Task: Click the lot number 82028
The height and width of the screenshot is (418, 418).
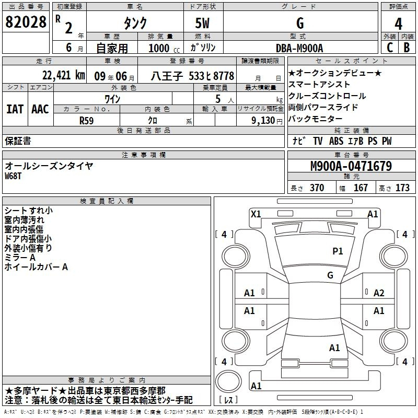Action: [26, 22]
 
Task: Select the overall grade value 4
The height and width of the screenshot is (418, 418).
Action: [398, 24]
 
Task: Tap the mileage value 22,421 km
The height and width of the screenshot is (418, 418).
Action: [64, 76]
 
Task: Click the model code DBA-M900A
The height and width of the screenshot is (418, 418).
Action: [299, 48]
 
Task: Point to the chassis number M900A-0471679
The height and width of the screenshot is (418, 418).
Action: [351, 166]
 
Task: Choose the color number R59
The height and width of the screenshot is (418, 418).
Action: [86, 121]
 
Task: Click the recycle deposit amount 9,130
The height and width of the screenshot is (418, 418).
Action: [263, 121]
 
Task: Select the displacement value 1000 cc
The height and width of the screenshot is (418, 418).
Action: [164, 48]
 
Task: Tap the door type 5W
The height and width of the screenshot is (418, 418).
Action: [202, 23]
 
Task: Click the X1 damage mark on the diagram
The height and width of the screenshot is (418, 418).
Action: [256, 214]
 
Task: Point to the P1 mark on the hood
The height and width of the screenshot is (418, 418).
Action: [338, 251]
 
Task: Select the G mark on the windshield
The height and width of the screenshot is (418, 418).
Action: [330, 275]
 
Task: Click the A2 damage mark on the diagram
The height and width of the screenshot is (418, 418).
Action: [379, 293]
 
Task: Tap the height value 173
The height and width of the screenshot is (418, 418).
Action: [402, 188]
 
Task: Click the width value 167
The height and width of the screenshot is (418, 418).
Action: [361, 188]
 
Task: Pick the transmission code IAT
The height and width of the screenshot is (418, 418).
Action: [15, 109]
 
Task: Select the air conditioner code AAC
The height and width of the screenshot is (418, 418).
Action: [40, 109]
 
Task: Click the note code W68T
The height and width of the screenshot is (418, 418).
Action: [13, 176]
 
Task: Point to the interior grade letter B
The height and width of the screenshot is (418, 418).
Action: [407, 48]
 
